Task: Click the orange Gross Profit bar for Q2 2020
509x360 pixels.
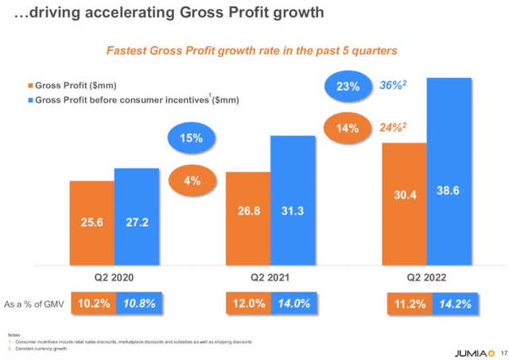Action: click(91, 223)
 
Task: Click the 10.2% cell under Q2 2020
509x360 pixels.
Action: click(92, 303)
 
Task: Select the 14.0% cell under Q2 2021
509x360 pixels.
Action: click(293, 303)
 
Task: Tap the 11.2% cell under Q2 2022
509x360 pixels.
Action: click(405, 303)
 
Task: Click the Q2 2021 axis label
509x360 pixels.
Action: click(271, 277)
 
